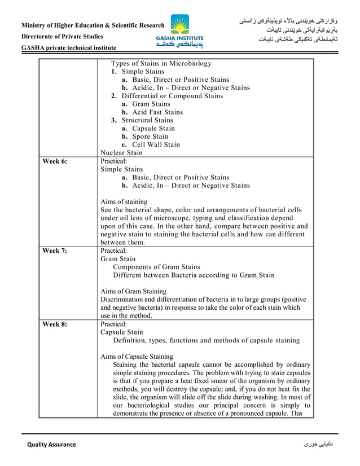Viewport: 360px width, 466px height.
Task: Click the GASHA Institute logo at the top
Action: coord(180,30)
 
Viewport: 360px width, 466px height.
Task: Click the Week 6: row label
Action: coord(55,161)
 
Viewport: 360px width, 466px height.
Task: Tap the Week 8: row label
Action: coord(55,325)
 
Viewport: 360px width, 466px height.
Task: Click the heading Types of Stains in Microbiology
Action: coord(161,64)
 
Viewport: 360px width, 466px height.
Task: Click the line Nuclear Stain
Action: coord(121,152)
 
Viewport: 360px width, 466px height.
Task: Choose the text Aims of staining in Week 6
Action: coord(124,201)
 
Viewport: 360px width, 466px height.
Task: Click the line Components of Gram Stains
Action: coord(156,267)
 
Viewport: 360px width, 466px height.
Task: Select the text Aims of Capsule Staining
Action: coord(137,357)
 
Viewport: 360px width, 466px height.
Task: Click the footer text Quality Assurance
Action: coord(51,445)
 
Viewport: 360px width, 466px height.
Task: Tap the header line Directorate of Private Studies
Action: coord(62,37)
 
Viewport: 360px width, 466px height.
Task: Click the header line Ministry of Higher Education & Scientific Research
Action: coord(93,26)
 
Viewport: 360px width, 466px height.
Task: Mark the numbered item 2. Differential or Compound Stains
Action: coord(167,96)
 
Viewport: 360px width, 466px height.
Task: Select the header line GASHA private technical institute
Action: coord(68,48)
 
